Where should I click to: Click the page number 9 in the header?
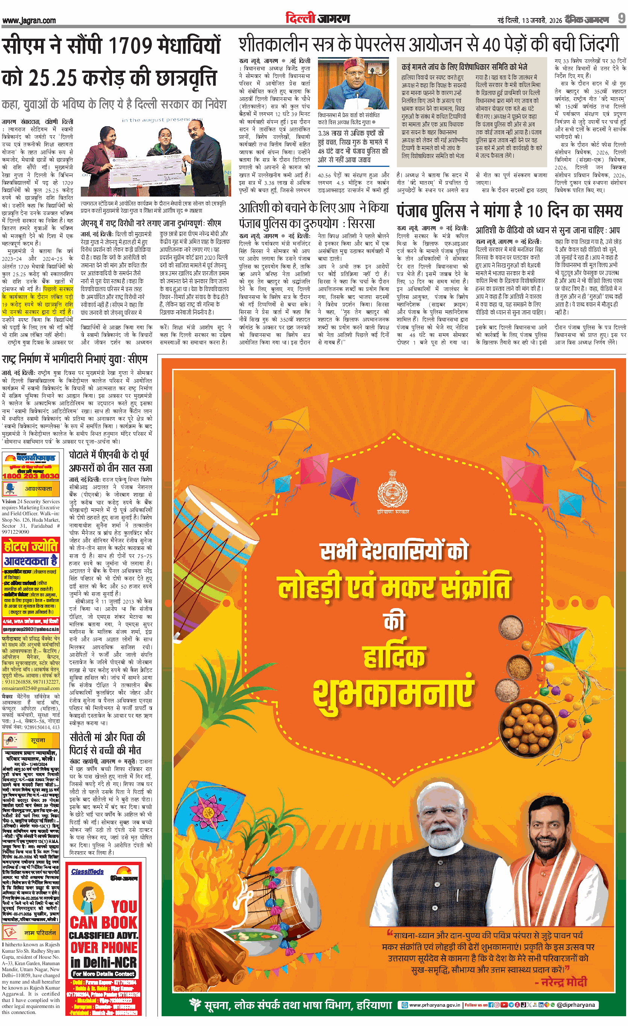pyautogui.click(x=621, y=18)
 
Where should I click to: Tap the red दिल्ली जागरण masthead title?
pyautogui.click(x=317, y=18)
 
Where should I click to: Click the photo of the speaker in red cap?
pyautogui.click(x=353, y=84)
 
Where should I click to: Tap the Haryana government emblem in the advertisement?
pyautogui.click(x=392, y=491)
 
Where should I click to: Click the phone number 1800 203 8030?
pyautogui.click(x=31, y=475)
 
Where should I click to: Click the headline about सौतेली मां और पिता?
pyautogui.click(x=107, y=743)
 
